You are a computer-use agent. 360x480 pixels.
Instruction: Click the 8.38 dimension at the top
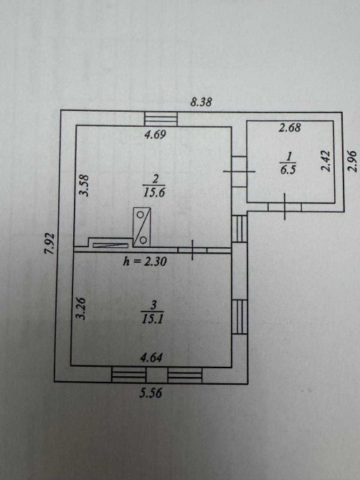(201, 102)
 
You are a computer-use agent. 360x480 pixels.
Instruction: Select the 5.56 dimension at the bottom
(151, 393)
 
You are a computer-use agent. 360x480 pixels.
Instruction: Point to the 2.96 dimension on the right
(353, 160)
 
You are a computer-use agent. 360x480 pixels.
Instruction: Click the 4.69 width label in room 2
(155, 135)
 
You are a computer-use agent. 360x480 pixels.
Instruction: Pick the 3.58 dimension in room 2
(84, 186)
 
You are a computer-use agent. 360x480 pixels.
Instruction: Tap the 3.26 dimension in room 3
(81, 309)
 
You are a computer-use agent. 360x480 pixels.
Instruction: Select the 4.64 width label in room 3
(151, 358)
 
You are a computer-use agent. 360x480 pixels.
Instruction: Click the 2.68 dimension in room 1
(290, 128)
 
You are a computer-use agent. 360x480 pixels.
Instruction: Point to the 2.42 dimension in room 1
(326, 161)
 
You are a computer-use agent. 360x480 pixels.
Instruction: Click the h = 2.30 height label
(145, 261)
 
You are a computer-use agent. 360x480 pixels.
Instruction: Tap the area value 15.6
(154, 193)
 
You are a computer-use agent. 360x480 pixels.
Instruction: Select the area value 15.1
(152, 319)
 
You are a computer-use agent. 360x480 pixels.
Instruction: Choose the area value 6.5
(288, 169)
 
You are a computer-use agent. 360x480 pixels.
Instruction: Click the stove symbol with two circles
(141, 227)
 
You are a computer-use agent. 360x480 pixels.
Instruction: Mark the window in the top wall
(161, 119)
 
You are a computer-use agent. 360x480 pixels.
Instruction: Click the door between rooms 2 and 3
(192, 250)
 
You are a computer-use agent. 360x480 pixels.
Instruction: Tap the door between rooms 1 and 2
(239, 171)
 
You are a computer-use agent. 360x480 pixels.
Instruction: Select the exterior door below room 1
(285, 207)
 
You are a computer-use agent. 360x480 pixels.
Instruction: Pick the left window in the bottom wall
(129, 374)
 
